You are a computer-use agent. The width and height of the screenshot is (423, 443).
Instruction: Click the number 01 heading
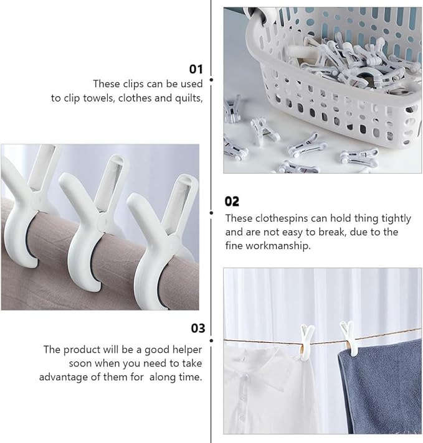(196, 69)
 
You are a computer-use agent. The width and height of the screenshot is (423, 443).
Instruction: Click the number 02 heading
(232, 202)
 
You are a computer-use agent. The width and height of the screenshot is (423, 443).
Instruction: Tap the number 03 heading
(197, 328)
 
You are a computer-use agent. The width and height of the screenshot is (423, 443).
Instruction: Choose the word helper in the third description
(187, 350)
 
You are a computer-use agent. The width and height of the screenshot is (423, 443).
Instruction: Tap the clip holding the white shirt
(307, 342)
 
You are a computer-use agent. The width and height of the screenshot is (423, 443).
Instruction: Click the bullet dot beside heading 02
(211, 213)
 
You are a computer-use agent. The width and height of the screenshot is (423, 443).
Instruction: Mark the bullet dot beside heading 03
(211, 340)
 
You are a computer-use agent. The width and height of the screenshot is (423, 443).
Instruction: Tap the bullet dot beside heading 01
(211, 80)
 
